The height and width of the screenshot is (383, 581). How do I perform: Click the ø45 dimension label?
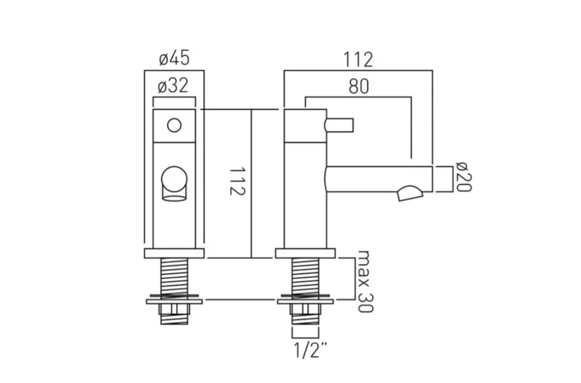[174, 59]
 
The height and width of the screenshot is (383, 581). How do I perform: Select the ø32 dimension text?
[174, 86]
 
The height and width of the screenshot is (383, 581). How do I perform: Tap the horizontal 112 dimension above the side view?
[358, 59]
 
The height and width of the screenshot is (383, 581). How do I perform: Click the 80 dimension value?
[358, 86]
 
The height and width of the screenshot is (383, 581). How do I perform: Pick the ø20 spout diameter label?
[463, 178]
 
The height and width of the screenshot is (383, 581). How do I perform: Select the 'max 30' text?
[364, 281]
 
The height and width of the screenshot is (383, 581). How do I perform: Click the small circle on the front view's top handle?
[174, 125]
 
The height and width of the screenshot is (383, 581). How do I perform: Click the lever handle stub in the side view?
[339, 125]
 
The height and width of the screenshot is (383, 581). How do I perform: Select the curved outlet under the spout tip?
[412, 194]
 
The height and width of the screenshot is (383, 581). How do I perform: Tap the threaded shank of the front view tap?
[174, 277]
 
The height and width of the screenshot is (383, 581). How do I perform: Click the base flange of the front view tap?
[174, 253]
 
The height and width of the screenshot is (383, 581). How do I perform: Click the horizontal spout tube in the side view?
[378, 178]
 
